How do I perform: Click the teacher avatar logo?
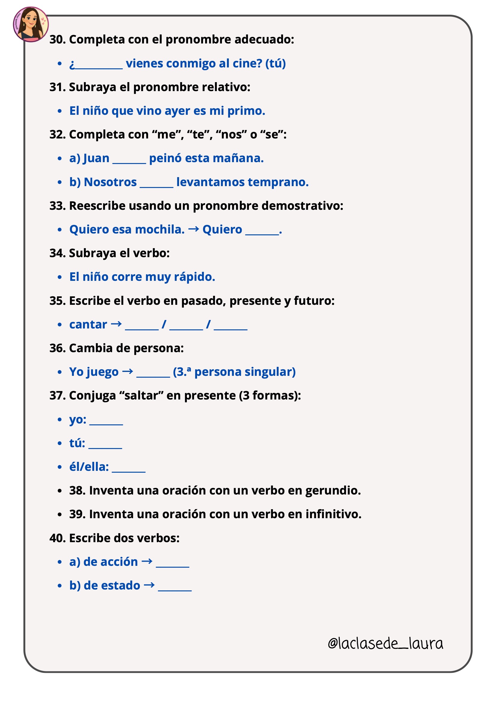pyautogui.click(x=31, y=24)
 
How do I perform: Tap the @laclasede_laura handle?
pyautogui.click(x=385, y=643)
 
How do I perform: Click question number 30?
pyautogui.click(x=57, y=40)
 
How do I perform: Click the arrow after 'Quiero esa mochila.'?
pyautogui.click(x=193, y=229)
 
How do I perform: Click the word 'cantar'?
pyautogui.click(x=88, y=325)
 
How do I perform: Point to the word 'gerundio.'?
pyautogui.click(x=333, y=491)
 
